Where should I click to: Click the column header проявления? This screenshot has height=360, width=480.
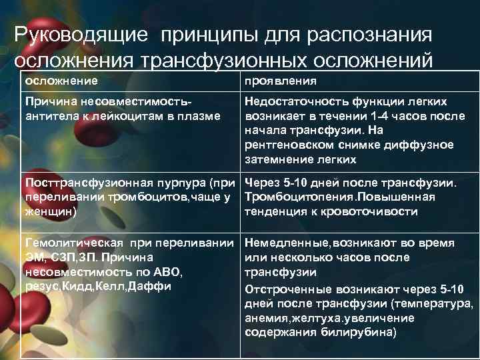[280, 81]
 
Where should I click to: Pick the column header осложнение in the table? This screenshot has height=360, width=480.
[61, 81]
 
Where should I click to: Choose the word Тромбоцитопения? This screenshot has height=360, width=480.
[300, 197]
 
